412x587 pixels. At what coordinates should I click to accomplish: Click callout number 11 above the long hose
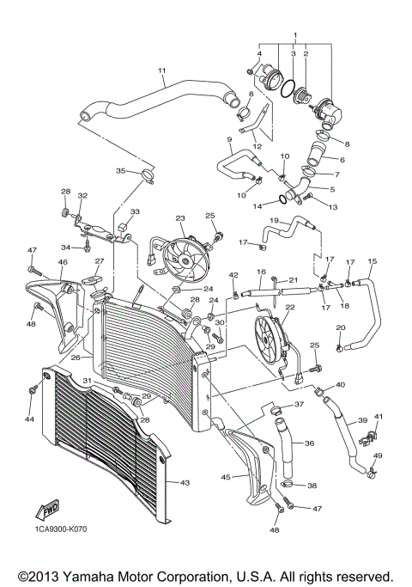(161, 70)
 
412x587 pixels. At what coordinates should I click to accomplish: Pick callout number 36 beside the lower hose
(309, 443)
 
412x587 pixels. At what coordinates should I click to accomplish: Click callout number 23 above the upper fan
(180, 219)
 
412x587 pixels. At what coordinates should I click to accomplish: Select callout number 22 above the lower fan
(290, 306)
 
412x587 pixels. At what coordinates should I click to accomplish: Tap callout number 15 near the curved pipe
(372, 260)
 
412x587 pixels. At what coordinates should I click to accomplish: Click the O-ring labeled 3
(293, 88)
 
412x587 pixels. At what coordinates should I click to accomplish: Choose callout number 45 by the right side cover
(226, 477)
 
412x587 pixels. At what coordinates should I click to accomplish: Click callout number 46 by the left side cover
(39, 261)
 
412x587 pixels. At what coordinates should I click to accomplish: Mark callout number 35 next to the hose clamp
(120, 171)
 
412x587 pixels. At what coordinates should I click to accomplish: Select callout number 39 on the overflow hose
(361, 420)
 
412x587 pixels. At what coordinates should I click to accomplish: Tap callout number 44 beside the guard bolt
(29, 419)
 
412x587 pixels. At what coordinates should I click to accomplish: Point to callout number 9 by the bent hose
(229, 139)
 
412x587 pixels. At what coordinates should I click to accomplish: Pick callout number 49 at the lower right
(378, 456)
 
